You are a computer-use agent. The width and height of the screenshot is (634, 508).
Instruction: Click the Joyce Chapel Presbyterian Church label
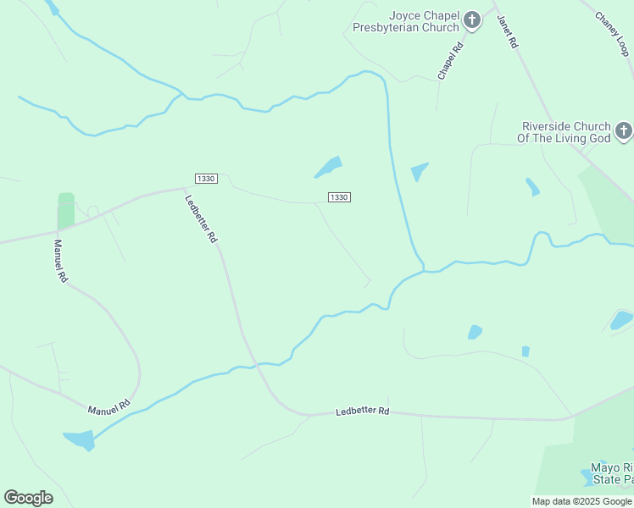(x=424, y=21)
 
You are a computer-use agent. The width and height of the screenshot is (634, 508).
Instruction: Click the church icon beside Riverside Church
(x=623, y=131)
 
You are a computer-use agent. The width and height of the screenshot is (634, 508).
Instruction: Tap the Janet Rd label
(x=506, y=33)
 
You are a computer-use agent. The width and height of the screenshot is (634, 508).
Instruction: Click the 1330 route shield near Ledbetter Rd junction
(x=206, y=179)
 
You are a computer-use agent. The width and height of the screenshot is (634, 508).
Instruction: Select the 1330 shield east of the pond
(x=339, y=197)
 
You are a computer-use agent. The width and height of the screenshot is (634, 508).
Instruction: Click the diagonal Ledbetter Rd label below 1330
(x=201, y=219)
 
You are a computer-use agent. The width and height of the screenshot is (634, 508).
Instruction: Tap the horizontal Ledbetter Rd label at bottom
(x=362, y=411)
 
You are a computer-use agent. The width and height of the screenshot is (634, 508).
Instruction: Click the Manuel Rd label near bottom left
(x=110, y=406)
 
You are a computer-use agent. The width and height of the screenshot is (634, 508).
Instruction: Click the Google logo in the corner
(x=28, y=498)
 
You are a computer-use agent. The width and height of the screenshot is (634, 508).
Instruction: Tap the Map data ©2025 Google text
(x=581, y=501)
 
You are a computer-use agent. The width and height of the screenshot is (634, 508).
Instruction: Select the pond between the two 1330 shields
(x=329, y=166)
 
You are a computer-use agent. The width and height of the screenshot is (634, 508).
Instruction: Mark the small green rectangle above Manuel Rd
(x=66, y=210)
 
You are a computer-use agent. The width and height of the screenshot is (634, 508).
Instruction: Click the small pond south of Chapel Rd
(x=419, y=172)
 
